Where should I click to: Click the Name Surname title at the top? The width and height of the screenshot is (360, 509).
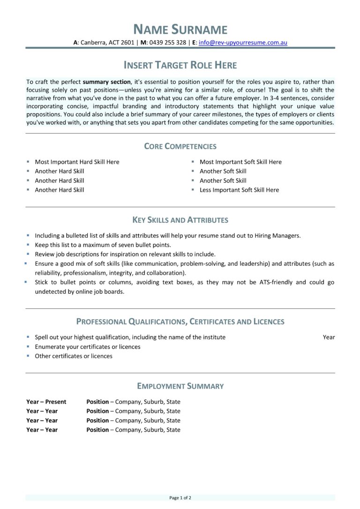click(180, 30)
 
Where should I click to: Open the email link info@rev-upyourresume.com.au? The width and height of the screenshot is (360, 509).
click(243, 42)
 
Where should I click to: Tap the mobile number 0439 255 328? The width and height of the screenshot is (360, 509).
click(167, 42)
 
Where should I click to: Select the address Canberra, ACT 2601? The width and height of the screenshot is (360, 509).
click(107, 42)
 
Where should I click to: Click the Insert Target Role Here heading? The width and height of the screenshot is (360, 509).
click(180, 65)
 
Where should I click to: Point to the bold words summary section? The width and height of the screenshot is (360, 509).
click(106, 82)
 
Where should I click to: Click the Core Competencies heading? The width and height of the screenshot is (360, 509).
click(180, 146)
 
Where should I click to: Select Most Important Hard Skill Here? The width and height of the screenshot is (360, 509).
click(77, 162)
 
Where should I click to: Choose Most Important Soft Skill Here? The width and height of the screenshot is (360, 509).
click(240, 162)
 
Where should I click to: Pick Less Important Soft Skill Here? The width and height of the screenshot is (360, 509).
click(239, 190)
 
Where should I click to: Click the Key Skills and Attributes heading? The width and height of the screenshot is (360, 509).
click(180, 220)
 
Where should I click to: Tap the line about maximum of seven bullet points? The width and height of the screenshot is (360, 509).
click(103, 245)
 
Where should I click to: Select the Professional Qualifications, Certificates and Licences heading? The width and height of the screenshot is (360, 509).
click(180, 322)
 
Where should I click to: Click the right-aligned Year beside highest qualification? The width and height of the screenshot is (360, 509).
click(329, 337)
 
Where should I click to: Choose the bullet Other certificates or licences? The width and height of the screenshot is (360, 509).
click(74, 356)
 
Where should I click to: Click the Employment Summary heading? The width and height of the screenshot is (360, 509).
click(180, 386)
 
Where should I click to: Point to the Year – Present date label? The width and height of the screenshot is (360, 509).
click(46, 402)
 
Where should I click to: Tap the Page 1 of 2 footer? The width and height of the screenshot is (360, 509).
click(180, 498)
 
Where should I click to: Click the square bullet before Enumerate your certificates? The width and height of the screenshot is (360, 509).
click(28, 346)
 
